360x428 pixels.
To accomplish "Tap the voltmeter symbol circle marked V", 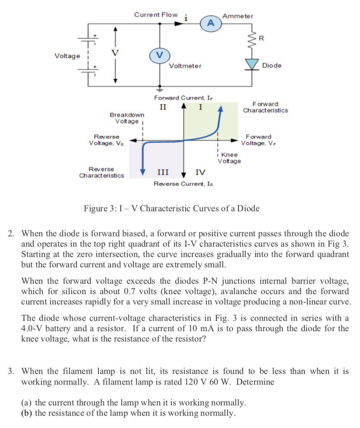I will point(159,55).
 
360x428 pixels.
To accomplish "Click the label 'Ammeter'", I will point(237,16).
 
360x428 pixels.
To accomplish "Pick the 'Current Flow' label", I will point(155,15).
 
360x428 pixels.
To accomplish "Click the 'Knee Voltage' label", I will point(230,158).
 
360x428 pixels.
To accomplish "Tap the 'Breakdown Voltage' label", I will point(127,118).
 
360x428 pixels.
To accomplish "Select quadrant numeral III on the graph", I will point(162,173).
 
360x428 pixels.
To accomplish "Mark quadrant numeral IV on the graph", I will point(200,173).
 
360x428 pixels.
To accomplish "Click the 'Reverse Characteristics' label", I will point(101,172).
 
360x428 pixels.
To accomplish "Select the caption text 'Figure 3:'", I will point(101,209).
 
